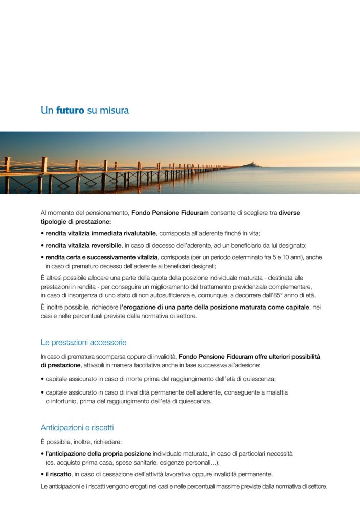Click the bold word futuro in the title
point(70,110)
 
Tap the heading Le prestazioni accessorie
point(83,342)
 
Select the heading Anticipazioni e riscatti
point(77,427)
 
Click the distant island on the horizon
point(252,164)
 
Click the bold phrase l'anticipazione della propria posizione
point(98,454)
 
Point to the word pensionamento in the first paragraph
point(105,212)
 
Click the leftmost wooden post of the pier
point(7,174)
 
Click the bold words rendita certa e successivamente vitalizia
point(102,257)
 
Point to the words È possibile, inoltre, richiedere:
point(81,442)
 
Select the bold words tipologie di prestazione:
point(76,221)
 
